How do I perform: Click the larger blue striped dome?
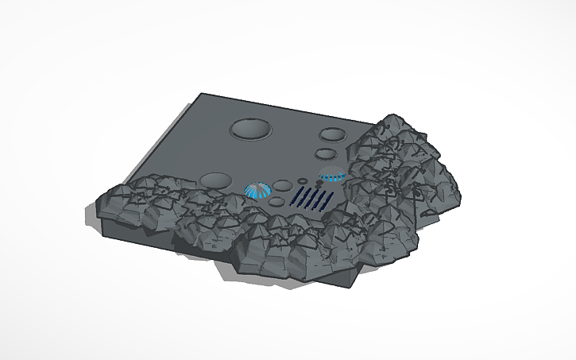coord(257,190)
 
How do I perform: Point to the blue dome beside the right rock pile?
coord(332,174)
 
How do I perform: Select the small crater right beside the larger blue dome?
coord(283,186)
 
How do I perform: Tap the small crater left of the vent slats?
coord(276,202)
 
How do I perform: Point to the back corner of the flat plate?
coord(202,95)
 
